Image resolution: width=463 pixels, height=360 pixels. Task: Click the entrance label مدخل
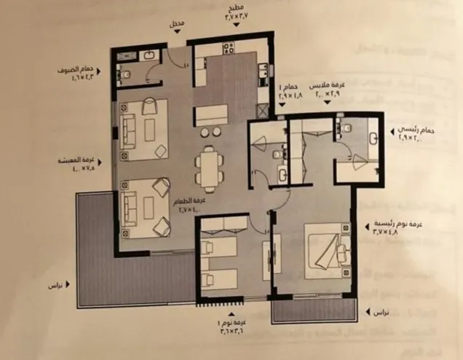[177, 23]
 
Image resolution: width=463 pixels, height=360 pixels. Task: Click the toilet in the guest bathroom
[124, 74]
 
